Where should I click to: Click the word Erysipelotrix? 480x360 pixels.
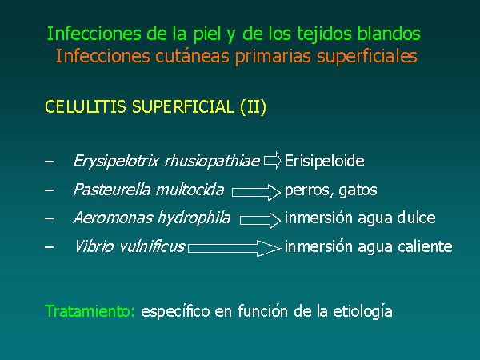(x=116, y=161)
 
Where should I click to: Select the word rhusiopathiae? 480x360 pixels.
(x=212, y=161)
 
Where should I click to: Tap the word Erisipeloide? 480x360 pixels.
(x=325, y=161)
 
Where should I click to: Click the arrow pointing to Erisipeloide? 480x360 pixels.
(x=272, y=161)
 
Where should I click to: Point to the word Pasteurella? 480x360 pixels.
(x=112, y=190)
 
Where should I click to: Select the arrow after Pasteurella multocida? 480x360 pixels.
(x=256, y=192)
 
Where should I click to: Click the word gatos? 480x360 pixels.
(x=358, y=190)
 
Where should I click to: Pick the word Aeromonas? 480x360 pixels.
(x=113, y=218)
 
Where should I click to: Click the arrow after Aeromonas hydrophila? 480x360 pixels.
(x=260, y=220)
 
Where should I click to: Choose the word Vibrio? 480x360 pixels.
(x=94, y=246)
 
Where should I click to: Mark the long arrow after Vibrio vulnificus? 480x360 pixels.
(x=234, y=248)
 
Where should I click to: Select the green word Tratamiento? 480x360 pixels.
(x=90, y=311)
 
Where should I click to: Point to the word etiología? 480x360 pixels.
(x=362, y=312)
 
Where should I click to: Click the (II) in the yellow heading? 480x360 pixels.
(x=253, y=107)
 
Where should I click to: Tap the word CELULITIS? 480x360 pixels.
(x=86, y=107)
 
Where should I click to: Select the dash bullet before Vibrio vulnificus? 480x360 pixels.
(x=49, y=246)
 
